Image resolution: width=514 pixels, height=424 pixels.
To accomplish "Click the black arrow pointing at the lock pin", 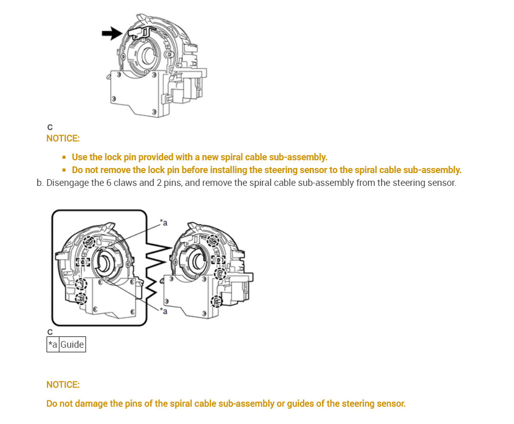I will (x=111, y=34).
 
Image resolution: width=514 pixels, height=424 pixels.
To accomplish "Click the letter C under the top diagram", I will (x=50, y=127).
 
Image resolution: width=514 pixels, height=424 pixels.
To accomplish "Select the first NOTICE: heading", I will (x=63, y=138).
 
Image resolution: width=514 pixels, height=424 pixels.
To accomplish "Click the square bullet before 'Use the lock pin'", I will (x=64, y=157).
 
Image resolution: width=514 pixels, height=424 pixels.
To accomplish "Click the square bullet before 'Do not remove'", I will (x=64, y=170).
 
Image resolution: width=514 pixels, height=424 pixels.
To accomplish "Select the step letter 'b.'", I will (x=40, y=183).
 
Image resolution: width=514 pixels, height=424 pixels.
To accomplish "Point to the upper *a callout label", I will (x=163, y=222).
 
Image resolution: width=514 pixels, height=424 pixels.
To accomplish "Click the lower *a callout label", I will (x=164, y=311).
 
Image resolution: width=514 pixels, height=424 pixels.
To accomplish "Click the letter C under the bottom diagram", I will (x=50, y=332).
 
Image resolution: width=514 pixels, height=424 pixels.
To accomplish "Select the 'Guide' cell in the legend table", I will (x=72, y=345).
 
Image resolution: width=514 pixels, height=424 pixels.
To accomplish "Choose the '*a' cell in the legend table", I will (x=53, y=345).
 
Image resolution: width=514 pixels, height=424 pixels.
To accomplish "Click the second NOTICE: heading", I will (x=63, y=385).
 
